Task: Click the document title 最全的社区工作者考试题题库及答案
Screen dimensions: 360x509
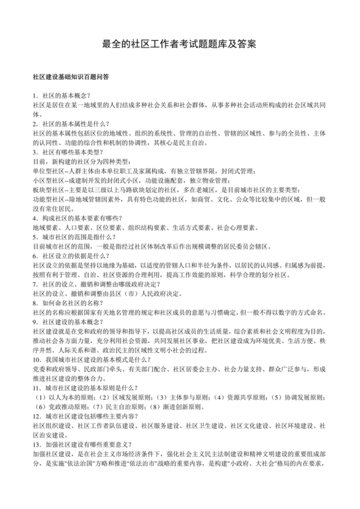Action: pos(180,45)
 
